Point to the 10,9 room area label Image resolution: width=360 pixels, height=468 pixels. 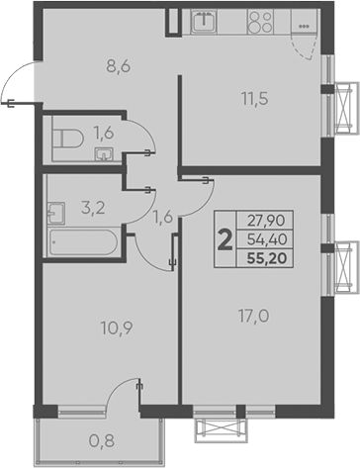pyautogui.click(x=91, y=324)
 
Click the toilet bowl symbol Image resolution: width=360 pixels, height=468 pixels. pyautogui.click(x=66, y=137)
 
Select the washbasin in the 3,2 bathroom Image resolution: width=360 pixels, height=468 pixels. pyautogui.click(x=56, y=212)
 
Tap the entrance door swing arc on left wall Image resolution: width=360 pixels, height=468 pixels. pyautogui.click(x=18, y=81)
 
